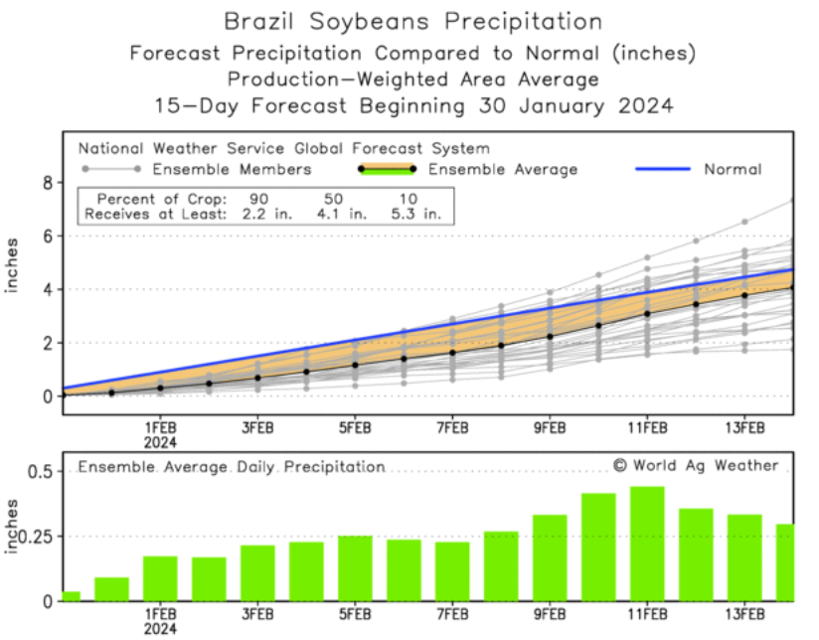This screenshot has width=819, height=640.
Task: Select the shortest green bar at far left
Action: (x=71, y=595)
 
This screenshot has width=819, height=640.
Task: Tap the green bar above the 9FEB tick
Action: (x=550, y=558)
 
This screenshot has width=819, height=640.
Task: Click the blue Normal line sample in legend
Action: (x=662, y=169)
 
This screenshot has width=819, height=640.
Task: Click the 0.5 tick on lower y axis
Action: (x=40, y=471)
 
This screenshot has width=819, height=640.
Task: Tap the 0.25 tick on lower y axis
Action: (x=36, y=537)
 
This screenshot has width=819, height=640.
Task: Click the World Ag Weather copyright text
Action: (x=695, y=465)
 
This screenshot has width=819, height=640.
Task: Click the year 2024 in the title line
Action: (x=637, y=104)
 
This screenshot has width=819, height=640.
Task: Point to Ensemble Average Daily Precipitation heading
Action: (x=232, y=466)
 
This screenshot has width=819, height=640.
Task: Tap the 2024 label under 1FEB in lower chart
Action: (x=160, y=629)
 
